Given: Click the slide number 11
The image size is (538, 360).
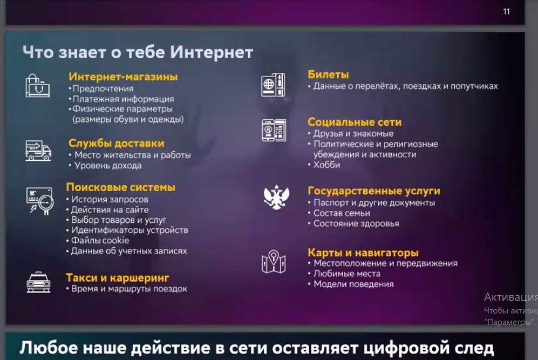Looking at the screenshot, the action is pyautogui.click(x=507, y=12).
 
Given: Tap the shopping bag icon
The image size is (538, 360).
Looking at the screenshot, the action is pyautogui.click(x=37, y=86).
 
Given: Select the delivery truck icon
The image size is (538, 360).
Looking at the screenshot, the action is pyautogui.click(x=38, y=150).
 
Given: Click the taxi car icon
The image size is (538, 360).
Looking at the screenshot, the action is pyautogui.click(x=38, y=282).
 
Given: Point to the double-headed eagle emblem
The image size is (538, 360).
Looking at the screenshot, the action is pyautogui.click(x=276, y=198).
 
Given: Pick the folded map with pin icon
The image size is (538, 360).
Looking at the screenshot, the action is pyautogui.click(x=274, y=262).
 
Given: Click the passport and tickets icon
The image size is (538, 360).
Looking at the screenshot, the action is pyautogui.click(x=273, y=85).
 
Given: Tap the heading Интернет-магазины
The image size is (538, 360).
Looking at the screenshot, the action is pyautogui.click(x=123, y=77).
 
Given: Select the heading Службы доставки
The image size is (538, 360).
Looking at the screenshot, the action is pyautogui.click(x=117, y=143).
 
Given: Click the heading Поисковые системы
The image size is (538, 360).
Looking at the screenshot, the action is pyautogui.click(x=120, y=187).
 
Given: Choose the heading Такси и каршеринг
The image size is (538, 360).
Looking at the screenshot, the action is pyautogui.click(x=117, y=277).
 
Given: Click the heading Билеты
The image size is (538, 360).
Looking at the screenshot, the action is pyautogui.click(x=328, y=74).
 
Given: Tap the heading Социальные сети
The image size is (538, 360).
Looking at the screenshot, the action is pyautogui.click(x=355, y=122).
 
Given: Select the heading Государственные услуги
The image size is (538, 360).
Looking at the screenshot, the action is pyautogui.click(x=373, y=191).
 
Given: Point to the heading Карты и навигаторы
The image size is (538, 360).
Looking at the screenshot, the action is pyautogui.click(x=363, y=253).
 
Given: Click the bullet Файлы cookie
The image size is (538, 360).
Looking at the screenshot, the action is pyautogui.click(x=100, y=241).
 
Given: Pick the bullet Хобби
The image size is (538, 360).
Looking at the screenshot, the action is pyautogui.click(x=326, y=165).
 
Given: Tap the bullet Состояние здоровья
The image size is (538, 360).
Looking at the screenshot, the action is pyautogui.click(x=356, y=224).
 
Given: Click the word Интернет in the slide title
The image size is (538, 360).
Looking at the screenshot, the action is pyautogui.click(x=212, y=52).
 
